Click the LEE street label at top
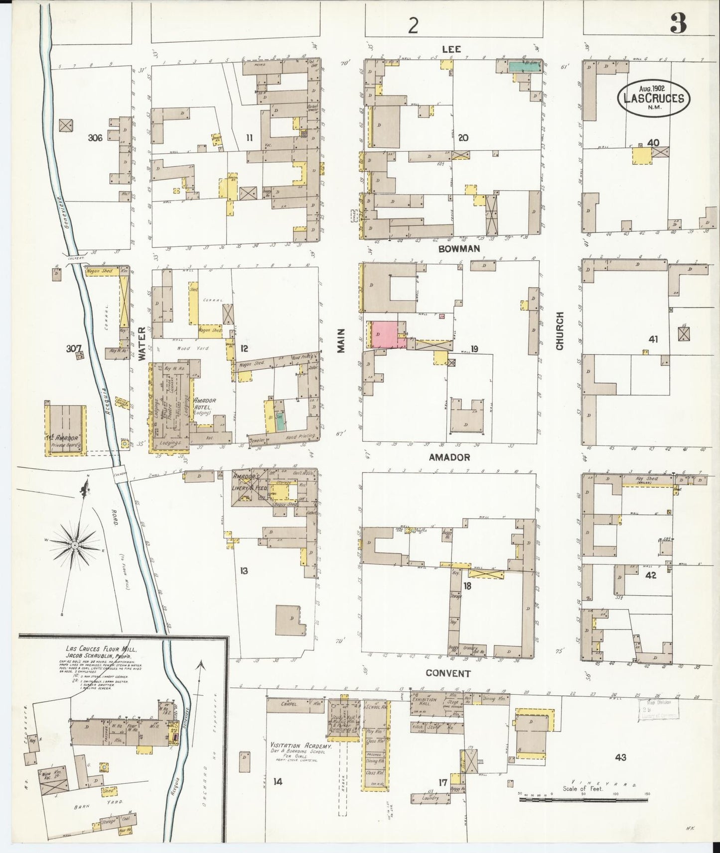(x=451, y=49)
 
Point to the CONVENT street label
(x=448, y=673)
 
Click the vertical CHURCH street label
(x=560, y=331)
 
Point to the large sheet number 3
(x=678, y=23)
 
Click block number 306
(x=95, y=138)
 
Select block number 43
(x=620, y=757)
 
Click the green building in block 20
(x=524, y=66)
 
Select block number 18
(x=467, y=586)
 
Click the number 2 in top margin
(x=413, y=26)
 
